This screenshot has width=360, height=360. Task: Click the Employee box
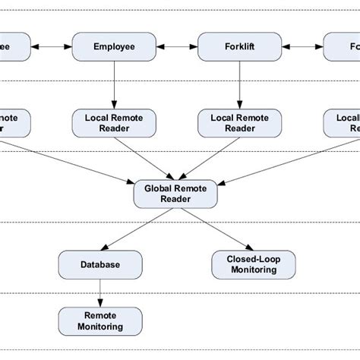(114, 47)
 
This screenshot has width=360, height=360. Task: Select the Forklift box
(239, 47)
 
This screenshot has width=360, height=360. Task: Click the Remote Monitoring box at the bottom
(100, 321)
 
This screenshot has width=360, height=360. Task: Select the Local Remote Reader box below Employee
(114, 122)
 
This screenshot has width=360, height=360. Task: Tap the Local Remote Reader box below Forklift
(239, 122)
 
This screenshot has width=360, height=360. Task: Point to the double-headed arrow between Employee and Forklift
(176, 47)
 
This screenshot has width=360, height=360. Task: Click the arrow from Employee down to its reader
(114, 84)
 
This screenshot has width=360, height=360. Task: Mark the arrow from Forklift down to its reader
(239, 84)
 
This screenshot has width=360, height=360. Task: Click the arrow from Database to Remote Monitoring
(100, 292)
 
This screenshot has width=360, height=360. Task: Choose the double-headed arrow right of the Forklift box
(302, 47)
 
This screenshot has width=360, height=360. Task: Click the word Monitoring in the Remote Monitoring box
(100, 327)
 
